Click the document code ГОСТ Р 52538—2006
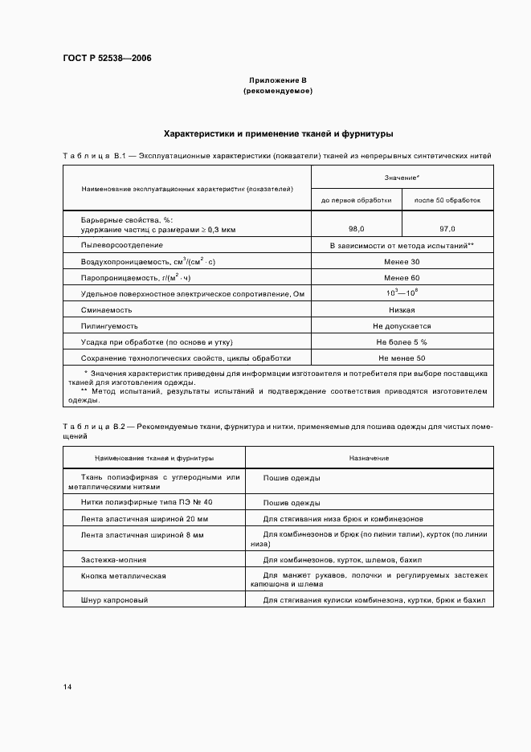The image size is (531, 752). point(106,59)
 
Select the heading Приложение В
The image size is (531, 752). point(277,81)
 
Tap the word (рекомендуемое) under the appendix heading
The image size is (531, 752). point(277,92)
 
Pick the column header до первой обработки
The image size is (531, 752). point(356,200)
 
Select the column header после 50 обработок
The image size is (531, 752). point(447,200)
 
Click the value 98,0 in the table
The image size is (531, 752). point(356,229)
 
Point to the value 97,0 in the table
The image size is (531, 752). point(447,229)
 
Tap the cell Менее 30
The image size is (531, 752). point(402,262)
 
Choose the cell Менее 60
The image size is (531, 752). point(402,278)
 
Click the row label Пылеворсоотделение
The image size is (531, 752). point(121,244)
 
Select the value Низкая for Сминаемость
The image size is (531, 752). point(402,310)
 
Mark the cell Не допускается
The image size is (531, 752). point(402,326)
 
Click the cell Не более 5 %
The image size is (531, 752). point(402,342)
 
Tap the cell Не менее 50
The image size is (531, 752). point(402,358)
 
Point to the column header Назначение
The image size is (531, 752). point(369,458)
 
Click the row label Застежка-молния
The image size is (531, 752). point(113,559)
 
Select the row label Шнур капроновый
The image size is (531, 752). point(115,600)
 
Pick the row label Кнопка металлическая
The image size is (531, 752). point(123,576)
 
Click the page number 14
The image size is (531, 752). point(67,687)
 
